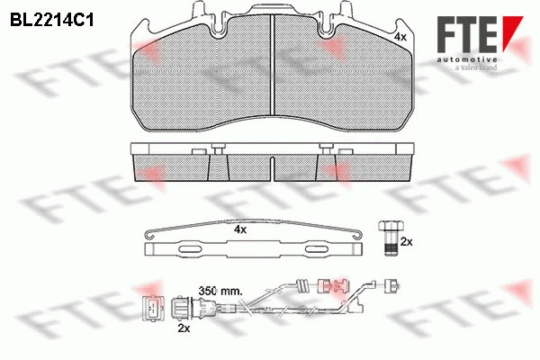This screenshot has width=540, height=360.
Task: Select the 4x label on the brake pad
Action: pyautogui.click(x=400, y=37)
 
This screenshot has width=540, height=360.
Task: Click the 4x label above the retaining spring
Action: pyautogui.click(x=239, y=229)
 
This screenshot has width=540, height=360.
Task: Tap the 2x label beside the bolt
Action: pyautogui.click(x=405, y=242)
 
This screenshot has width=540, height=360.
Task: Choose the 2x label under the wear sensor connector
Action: pyautogui.click(x=184, y=330)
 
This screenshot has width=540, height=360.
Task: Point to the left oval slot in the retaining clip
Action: pyautogui.click(x=193, y=247)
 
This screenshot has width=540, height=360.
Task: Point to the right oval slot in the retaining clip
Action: pyautogui.click(x=319, y=247)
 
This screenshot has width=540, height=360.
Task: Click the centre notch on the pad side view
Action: pyautogui.click(x=272, y=167)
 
